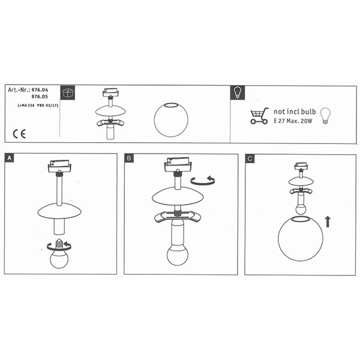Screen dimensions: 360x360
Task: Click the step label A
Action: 9,158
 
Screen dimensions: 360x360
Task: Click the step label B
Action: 129,158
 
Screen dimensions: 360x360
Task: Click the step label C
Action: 250,158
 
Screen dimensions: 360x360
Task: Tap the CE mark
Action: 19,134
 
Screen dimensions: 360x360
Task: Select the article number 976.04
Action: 40,90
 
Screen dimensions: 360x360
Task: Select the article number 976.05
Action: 40,97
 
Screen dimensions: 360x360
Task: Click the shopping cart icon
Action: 259,116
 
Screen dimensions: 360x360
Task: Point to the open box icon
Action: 68,93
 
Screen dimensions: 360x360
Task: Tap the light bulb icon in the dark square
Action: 238,93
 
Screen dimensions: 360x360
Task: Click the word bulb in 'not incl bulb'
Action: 308,112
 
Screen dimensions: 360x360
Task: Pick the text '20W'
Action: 306,121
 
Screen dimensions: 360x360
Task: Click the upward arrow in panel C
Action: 328,221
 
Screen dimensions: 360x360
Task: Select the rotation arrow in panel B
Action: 203,181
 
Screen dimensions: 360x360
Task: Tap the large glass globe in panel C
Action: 301,238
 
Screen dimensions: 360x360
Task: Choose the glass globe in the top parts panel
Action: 171,119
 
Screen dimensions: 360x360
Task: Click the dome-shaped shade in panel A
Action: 59,211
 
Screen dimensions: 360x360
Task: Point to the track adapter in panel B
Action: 178,164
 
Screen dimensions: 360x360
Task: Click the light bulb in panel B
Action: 177,254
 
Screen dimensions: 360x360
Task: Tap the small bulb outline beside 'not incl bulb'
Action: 325,116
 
